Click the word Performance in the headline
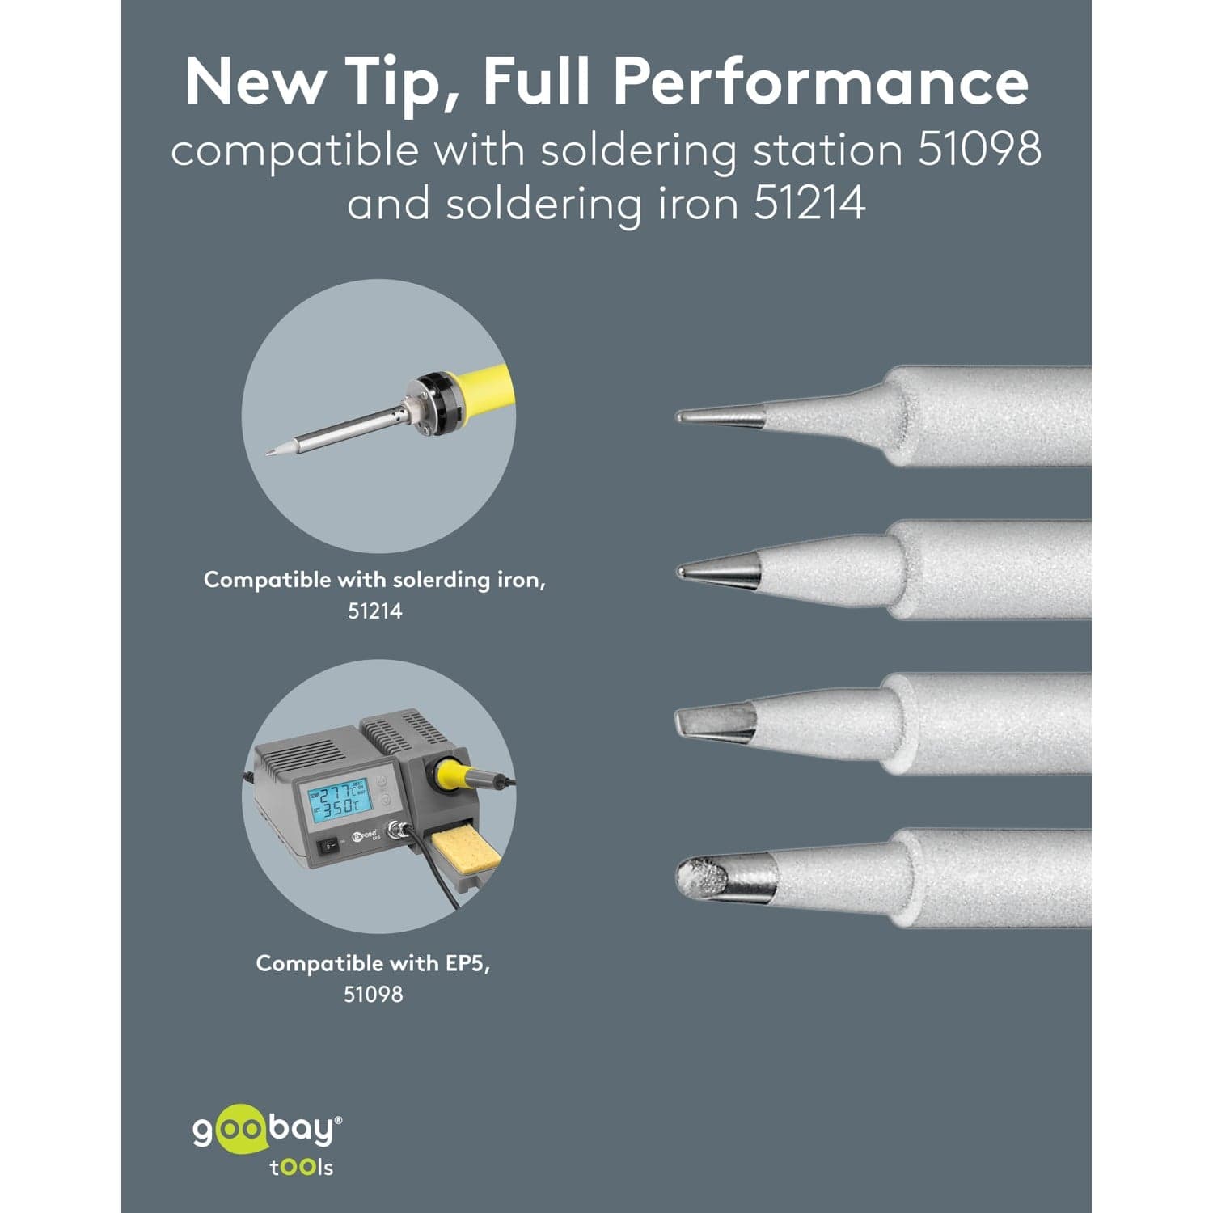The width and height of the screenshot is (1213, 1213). click(820, 82)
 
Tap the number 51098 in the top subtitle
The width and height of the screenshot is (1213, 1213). click(979, 150)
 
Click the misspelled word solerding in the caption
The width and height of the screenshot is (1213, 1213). click(441, 581)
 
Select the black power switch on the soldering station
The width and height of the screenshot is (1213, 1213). click(328, 846)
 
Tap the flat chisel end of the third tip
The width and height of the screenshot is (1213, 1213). click(681, 721)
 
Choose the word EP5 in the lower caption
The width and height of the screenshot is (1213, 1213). click(467, 963)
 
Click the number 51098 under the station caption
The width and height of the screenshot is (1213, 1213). click(374, 994)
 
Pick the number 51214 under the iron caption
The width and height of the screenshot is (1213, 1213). click(375, 611)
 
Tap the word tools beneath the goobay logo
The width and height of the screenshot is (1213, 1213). click(302, 1167)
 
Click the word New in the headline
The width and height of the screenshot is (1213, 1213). click(255, 82)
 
